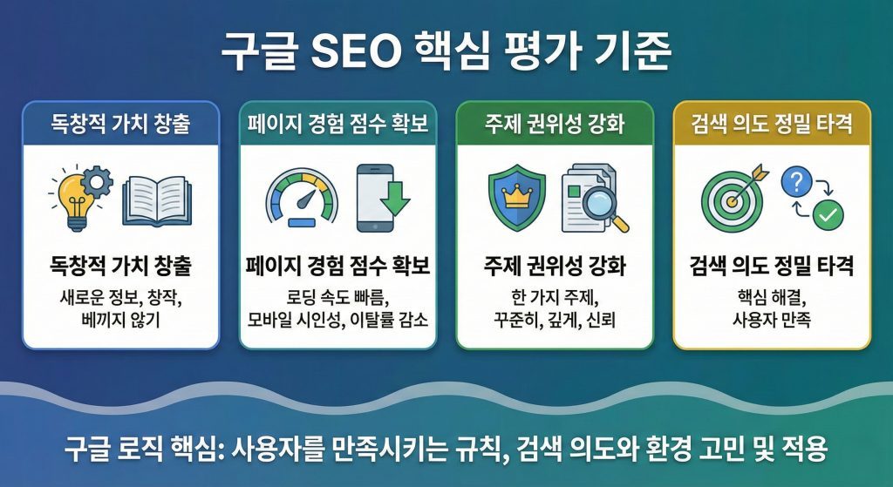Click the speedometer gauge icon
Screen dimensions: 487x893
point(301,199)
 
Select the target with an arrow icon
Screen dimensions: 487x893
point(734,198)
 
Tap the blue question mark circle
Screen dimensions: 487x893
point(798,181)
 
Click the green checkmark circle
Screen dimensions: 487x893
point(827,214)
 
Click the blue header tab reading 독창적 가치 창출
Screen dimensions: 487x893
point(120,124)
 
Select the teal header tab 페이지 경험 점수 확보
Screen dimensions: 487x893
point(337,124)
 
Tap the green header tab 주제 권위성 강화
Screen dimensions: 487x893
point(555,124)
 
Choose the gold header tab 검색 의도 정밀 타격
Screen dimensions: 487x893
point(772,124)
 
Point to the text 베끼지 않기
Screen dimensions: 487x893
point(120,320)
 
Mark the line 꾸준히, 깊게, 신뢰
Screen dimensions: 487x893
point(555,320)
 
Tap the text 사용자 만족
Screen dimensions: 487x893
point(772,320)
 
